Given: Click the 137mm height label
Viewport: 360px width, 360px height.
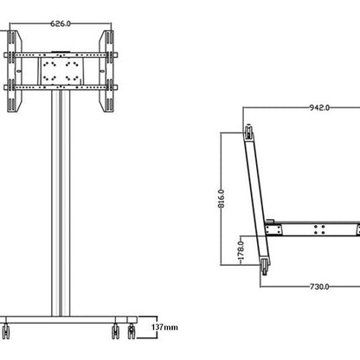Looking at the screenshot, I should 164,327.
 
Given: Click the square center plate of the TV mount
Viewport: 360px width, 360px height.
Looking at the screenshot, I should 60,70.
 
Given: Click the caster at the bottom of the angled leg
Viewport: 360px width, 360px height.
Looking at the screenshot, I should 262,269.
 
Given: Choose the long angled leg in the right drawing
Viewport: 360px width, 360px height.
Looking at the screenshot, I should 256,199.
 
